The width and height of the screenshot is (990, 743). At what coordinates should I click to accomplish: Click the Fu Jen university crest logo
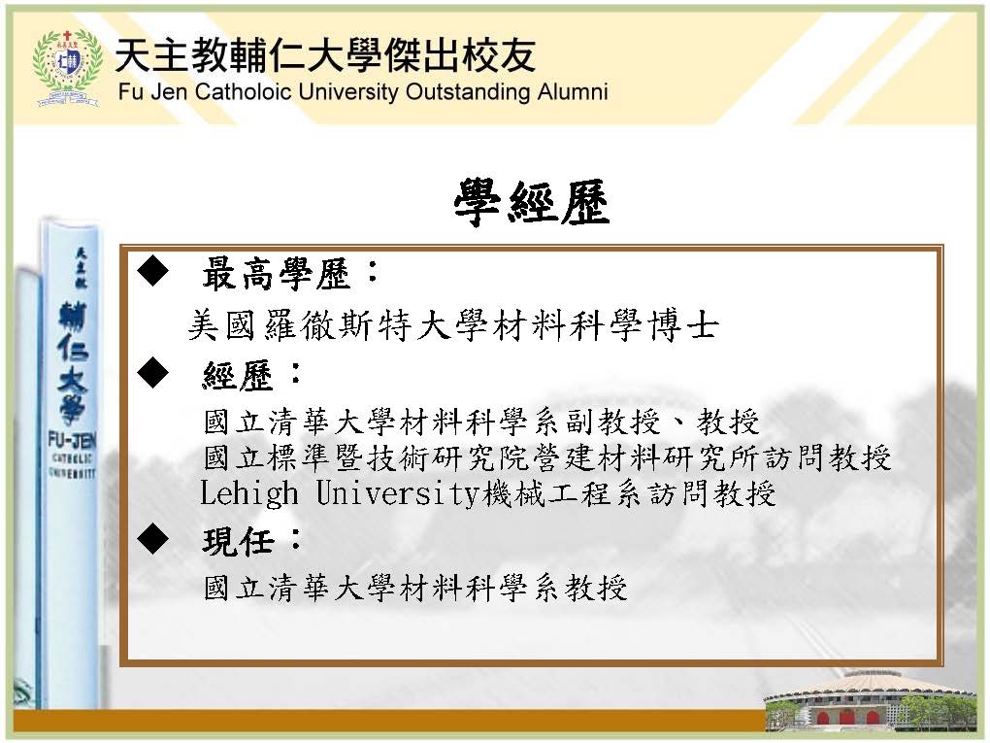[x=68, y=68]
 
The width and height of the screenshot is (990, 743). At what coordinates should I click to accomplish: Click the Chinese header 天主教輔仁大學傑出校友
[x=326, y=55]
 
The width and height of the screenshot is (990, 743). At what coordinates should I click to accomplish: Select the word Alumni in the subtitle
[x=573, y=91]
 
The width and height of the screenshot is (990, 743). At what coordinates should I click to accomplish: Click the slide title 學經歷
[x=532, y=202]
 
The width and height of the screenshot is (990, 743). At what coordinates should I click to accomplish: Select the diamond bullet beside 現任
[x=152, y=539]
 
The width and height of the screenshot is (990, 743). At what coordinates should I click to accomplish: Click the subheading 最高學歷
[x=277, y=274]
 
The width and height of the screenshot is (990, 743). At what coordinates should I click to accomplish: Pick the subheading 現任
[x=238, y=541]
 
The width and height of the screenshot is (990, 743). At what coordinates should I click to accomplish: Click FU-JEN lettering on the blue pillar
[x=72, y=440]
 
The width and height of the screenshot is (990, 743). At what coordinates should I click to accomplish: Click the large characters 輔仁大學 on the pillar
[x=73, y=362]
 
